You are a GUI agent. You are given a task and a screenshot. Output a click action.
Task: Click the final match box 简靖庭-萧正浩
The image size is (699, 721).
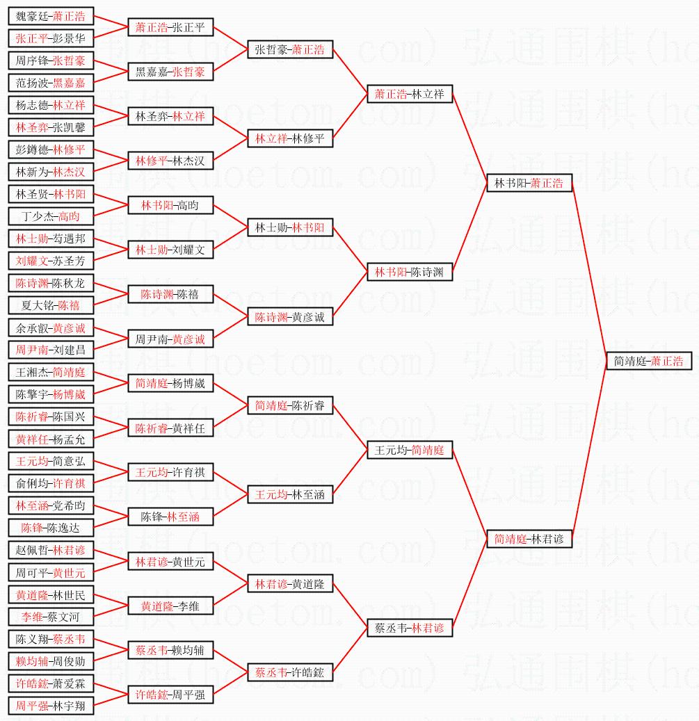tap(648, 362)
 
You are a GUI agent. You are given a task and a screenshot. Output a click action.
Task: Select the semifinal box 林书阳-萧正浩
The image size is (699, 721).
tap(529, 184)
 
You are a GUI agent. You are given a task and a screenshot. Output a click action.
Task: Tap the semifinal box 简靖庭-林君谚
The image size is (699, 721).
tap(529, 539)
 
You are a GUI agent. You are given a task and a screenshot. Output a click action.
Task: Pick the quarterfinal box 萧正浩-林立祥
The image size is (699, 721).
tap(410, 94)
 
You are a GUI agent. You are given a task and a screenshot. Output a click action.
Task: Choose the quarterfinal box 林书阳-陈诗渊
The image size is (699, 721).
tap(410, 272)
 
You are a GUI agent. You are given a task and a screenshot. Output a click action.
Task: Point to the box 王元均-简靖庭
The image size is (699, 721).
tap(410, 451)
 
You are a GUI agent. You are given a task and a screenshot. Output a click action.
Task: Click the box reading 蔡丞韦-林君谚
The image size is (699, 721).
tap(410, 628)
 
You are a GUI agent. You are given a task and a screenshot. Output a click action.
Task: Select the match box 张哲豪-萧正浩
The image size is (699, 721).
tap(290, 49)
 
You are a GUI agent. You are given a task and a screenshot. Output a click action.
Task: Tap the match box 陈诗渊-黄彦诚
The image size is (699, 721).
tap(290, 317)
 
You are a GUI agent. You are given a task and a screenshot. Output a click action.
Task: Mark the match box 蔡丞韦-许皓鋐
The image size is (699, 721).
tap(290, 672)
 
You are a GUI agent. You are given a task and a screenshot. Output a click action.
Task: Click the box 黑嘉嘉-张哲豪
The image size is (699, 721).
tap(170, 72)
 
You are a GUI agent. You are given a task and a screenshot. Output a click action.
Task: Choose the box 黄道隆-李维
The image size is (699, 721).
tap(170, 606)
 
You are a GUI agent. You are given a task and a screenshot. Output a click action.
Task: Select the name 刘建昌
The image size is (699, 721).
tap(72, 350)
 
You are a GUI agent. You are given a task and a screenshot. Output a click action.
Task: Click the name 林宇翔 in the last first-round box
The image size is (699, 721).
tap(72, 706)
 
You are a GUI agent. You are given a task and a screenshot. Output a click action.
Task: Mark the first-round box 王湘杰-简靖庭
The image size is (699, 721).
tap(51, 373)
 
